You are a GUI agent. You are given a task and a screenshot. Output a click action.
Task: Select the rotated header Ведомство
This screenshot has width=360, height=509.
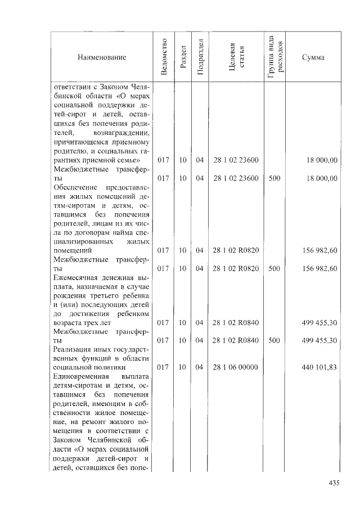[x=164, y=57]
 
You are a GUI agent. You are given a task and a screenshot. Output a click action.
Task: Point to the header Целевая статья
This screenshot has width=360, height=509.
[x=236, y=57]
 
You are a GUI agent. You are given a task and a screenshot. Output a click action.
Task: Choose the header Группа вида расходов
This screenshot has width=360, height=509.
[x=275, y=57]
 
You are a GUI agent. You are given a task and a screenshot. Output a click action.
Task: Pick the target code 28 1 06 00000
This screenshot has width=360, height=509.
[x=236, y=367]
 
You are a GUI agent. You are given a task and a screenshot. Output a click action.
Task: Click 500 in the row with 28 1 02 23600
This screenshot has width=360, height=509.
[x=274, y=178]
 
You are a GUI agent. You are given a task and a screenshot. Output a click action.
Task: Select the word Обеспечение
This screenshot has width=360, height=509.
[x=75, y=187]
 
